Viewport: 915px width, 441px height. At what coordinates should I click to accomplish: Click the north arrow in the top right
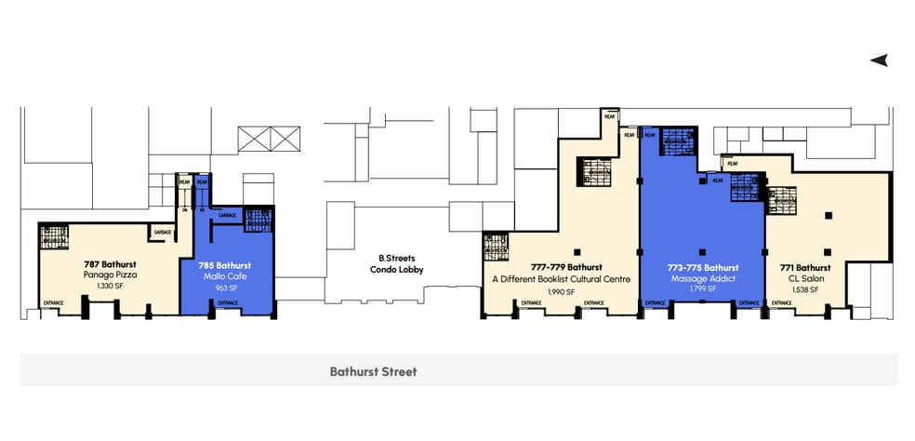879,60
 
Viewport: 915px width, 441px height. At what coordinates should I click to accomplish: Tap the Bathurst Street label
373,371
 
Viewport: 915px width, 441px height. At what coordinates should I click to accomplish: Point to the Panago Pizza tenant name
104,275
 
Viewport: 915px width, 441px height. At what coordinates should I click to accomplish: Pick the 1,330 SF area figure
104,286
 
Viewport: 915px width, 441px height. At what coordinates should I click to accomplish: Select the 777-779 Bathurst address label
561,268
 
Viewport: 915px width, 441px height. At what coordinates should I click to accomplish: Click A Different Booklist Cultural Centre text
561,279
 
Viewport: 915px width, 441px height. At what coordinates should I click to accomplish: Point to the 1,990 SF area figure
561,290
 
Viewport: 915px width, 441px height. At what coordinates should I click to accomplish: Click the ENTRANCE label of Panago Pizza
54,302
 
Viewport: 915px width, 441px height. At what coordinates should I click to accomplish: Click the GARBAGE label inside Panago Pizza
162,232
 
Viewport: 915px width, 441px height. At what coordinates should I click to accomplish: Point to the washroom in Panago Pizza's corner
54,238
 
